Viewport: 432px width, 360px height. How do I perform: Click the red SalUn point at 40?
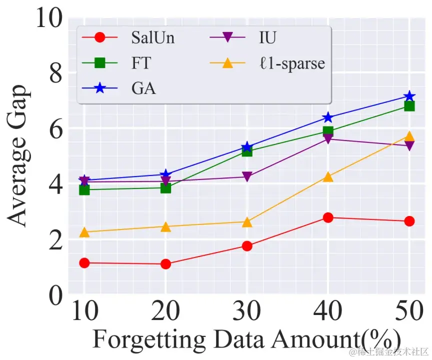click(x=328, y=217)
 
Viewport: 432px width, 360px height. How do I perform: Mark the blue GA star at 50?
click(x=409, y=96)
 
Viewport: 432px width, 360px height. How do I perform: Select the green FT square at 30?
click(x=247, y=151)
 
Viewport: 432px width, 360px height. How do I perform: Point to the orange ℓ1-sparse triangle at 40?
click(x=328, y=177)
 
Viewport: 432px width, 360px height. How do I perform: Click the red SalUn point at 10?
click(x=84, y=263)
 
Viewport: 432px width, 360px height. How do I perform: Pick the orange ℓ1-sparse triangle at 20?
click(x=165, y=227)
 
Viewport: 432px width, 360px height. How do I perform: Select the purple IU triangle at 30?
click(x=247, y=177)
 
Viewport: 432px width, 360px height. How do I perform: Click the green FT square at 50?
click(x=409, y=106)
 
